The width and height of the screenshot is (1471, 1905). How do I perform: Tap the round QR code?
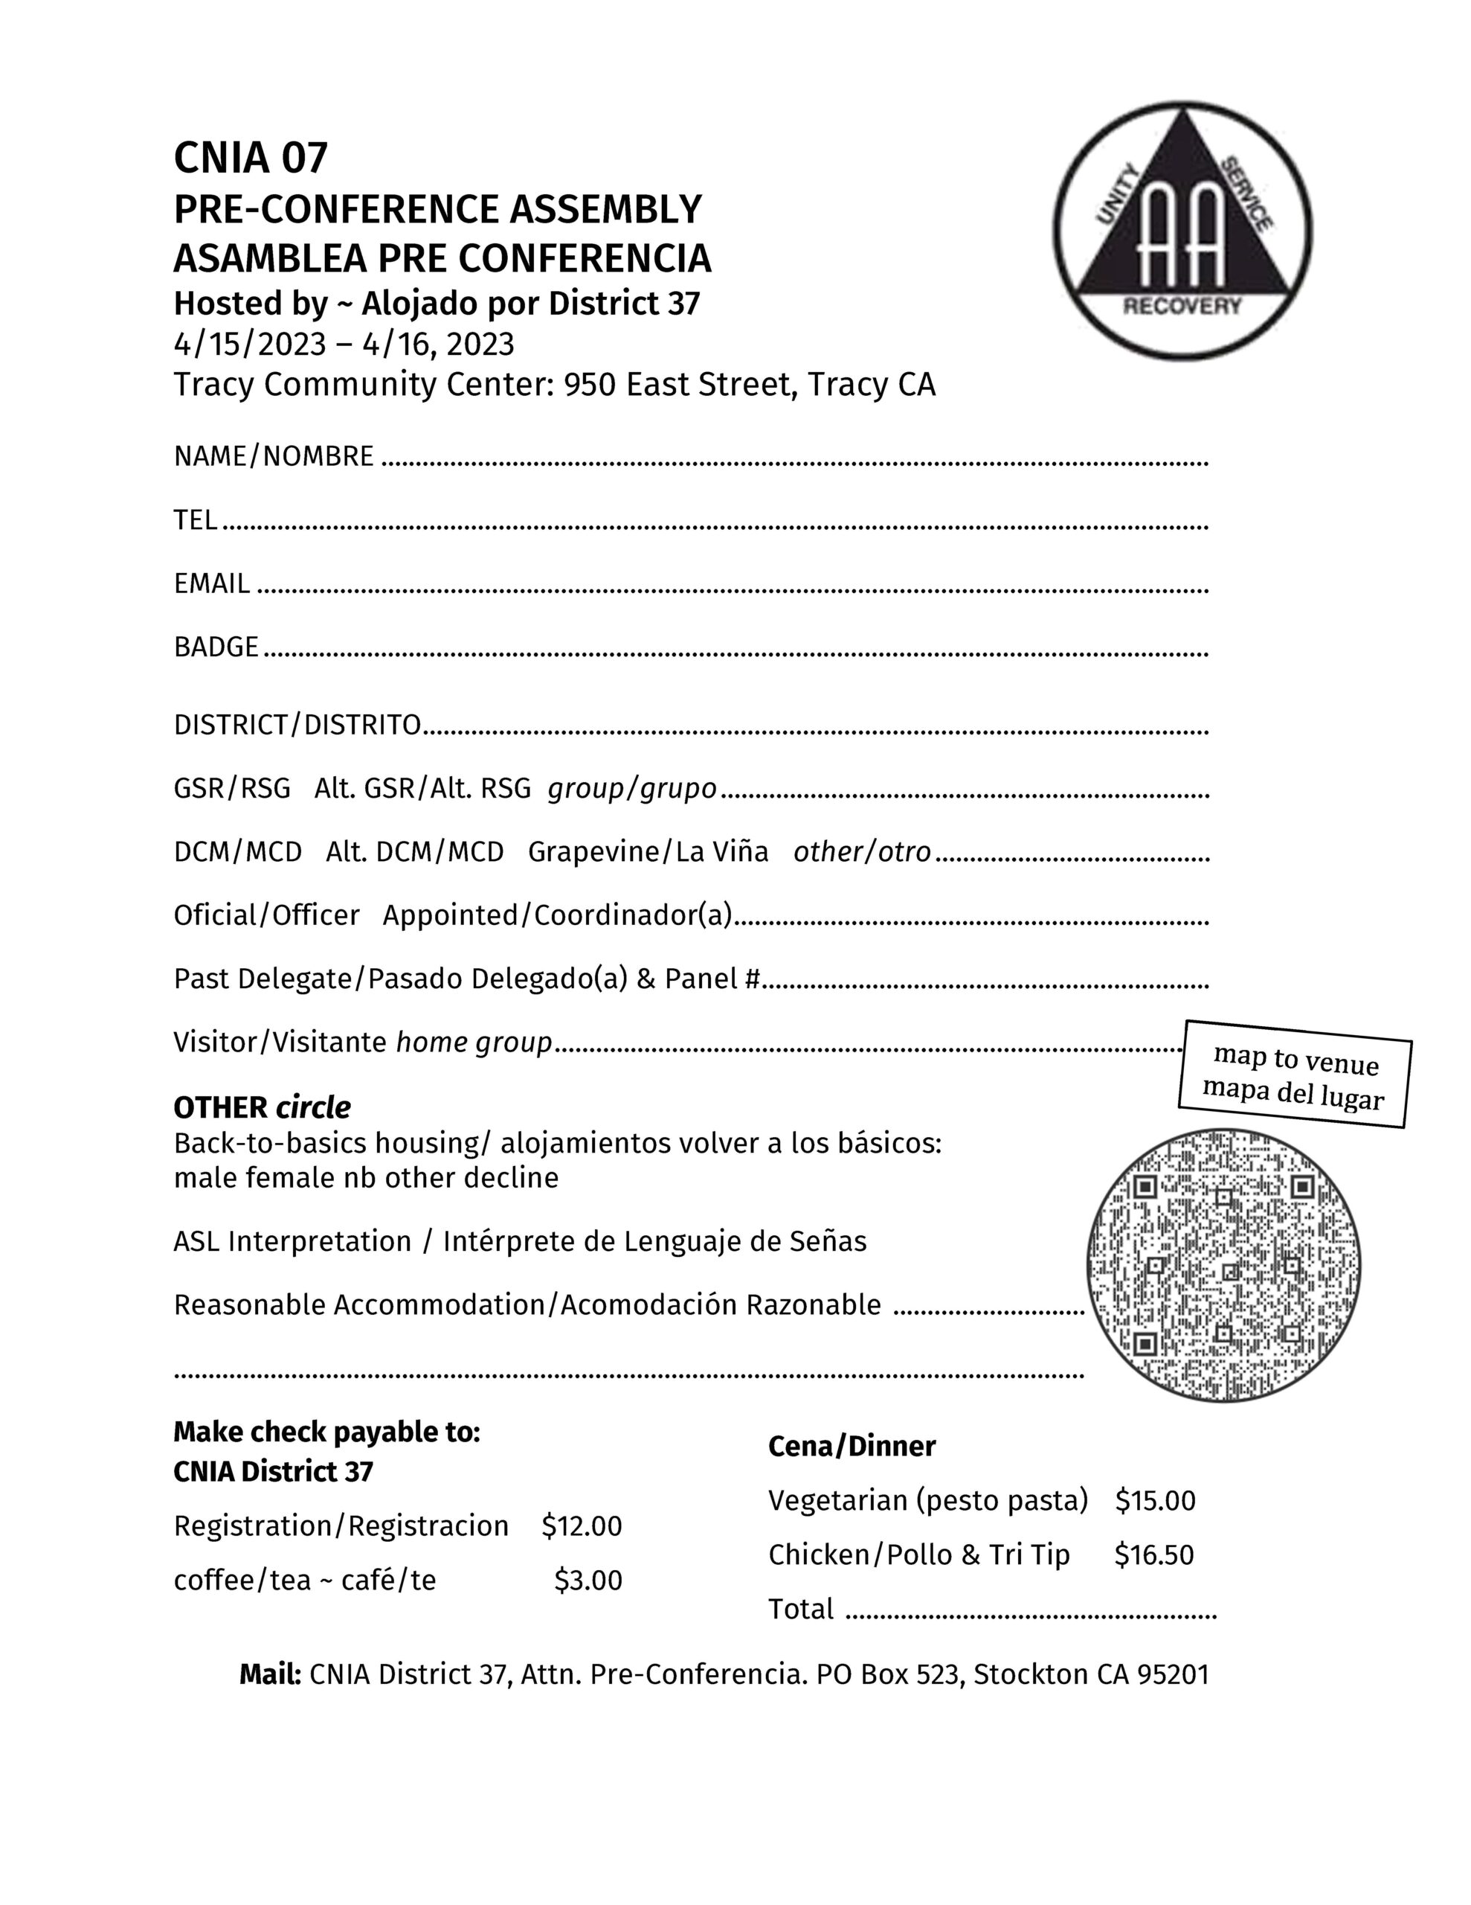click(x=1223, y=1265)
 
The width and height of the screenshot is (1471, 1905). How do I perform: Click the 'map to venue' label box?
click(x=1295, y=1074)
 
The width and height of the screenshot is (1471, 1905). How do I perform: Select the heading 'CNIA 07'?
click(x=251, y=158)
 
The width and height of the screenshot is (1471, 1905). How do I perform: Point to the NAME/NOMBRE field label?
click(x=274, y=456)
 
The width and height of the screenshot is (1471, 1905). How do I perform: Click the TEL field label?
click(x=196, y=520)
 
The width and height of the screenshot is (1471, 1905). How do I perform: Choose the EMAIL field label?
click(x=212, y=583)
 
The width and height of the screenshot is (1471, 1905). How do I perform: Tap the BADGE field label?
click(x=216, y=647)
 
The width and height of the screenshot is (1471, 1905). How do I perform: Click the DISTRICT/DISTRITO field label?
click(x=297, y=725)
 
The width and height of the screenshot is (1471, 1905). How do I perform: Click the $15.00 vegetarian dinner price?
click(x=1156, y=1500)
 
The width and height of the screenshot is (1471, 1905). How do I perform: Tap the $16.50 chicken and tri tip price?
click(x=1153, y=1555)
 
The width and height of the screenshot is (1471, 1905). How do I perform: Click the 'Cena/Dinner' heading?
click(x=851, y=1446)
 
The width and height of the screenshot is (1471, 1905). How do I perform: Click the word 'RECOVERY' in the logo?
click(x=1182, y=305)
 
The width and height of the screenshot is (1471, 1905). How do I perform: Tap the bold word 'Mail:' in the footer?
click(x=270, y=1675)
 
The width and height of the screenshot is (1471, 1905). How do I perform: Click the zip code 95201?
click(x=1173, y=1675)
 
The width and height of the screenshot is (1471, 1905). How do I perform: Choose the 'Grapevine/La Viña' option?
click(x=648, y=852)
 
